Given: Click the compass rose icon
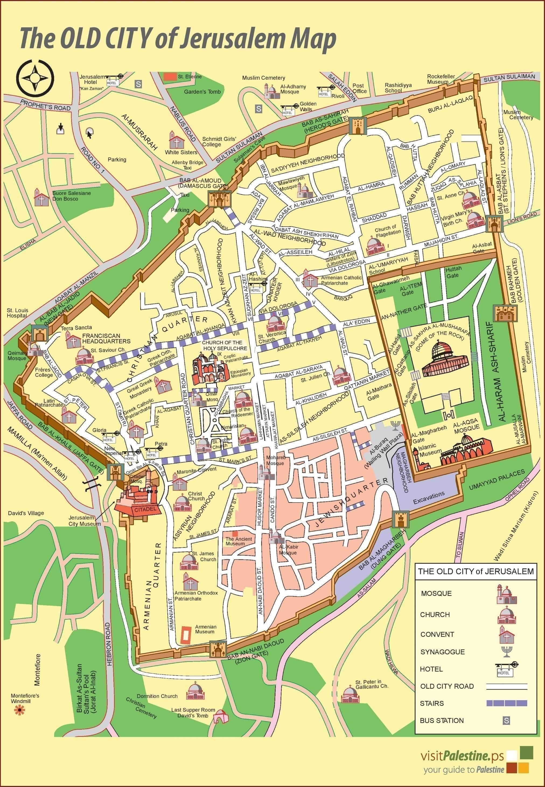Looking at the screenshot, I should pos(36,78).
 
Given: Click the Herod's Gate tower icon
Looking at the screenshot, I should pos(358,126).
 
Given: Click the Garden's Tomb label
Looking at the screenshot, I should pos(202,92).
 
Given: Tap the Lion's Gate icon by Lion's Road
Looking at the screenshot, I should pos(494,224).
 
